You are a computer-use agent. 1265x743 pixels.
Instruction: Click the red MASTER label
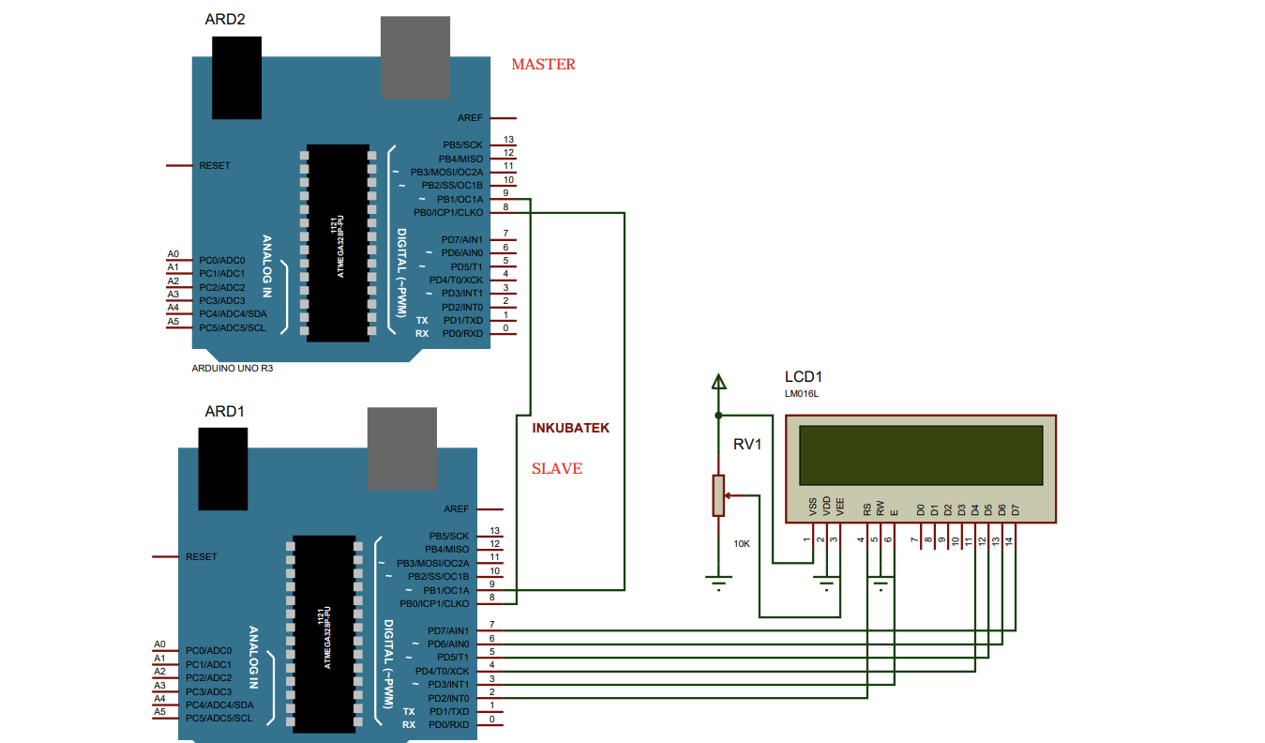[x=543, y=65]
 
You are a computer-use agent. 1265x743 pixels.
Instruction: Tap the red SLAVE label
[x=557, y=468]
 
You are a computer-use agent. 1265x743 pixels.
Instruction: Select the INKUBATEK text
[x=571, y=428]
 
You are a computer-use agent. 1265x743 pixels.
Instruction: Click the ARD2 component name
[x=225, y=19]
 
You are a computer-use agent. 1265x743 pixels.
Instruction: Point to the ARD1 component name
[x=225, y=411]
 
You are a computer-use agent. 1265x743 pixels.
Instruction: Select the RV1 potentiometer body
[x=718, y=495]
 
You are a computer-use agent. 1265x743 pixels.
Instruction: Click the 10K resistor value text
[x=742, y=544]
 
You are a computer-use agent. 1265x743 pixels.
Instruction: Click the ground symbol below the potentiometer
[x=718, y=584]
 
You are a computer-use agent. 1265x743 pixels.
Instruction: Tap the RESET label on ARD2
[x=215, y=166]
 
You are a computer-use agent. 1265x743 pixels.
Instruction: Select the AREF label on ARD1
[x=457, y=509]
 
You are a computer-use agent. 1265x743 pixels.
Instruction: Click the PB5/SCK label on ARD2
[x=463, y=145]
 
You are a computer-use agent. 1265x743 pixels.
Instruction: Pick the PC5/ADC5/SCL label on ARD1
[x=218, y=719]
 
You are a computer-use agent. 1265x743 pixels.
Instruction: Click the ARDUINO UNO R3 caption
[x=233, y=369]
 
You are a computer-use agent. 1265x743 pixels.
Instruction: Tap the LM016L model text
[x=802, y=394]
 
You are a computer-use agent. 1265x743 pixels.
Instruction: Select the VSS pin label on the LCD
[x=813, y=508]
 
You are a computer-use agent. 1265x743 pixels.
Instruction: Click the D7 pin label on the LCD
[x=1016, y=509]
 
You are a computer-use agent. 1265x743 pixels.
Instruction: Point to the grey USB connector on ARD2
[x=415, y=57]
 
